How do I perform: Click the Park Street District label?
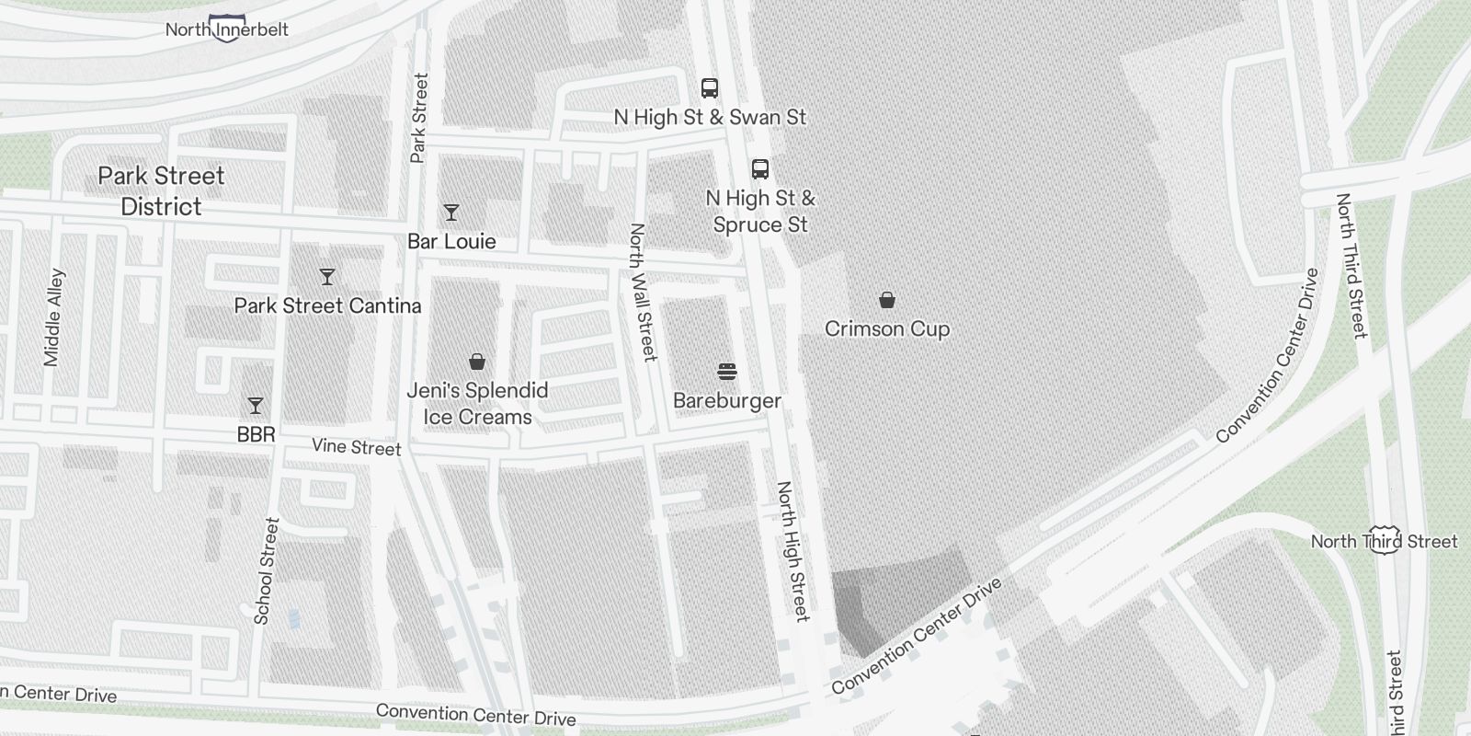click(161, 190)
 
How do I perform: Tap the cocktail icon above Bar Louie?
click(450, 213)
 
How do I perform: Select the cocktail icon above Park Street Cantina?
click(326, 276)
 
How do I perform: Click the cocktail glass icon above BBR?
click(256, 405)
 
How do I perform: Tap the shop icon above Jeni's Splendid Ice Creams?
click(476, 362)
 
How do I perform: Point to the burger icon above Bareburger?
click(726, 372)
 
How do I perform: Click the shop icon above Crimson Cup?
click(886, 300)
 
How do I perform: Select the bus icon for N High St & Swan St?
click(709, 88)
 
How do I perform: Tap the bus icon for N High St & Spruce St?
click(759, 169)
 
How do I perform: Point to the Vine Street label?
click(356, 447)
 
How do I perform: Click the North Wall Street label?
click(643, 292)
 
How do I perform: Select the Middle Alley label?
click(53, 317)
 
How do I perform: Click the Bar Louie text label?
click(451, 241)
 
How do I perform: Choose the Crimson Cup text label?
click(886, 328)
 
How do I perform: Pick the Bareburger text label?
click(726, 400)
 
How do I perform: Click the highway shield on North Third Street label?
click(1385, 540)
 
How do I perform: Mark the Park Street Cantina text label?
click(327, 305)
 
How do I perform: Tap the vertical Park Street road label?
click(419, 118)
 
